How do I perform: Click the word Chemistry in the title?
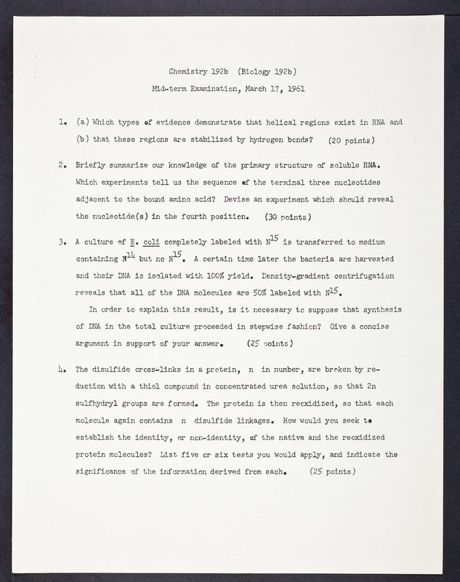tap(188, 72)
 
